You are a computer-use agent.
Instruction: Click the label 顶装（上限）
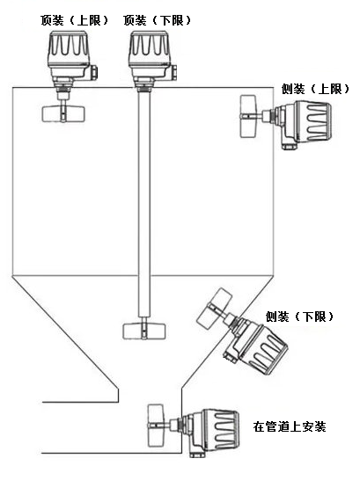tap(74, 21)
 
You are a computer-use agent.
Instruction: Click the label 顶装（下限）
tap(157, 21)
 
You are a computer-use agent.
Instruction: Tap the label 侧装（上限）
tap(315, 90)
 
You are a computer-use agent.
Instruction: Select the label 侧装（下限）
tap(299, 317)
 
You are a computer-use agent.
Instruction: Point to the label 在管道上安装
tap(290, 426)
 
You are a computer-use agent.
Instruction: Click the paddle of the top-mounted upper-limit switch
tap(63, 113)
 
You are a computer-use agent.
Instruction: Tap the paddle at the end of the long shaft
tap(143, 331)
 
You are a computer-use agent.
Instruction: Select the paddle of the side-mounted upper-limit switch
tap(248, 116)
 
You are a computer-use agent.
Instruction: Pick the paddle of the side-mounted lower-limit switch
tap(214, 308)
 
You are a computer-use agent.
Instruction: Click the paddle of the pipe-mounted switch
tap(156, 426)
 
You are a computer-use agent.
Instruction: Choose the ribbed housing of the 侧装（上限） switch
tap(312, 121)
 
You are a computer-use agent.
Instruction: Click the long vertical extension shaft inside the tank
tap(144, 204)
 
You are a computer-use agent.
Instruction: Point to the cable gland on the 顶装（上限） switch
tap(93, 73)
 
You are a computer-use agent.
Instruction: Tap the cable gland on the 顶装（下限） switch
tap(173, 73)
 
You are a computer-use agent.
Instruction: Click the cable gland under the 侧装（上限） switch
tap(289, 146)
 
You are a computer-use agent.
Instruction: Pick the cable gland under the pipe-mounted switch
tap(196, 455)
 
